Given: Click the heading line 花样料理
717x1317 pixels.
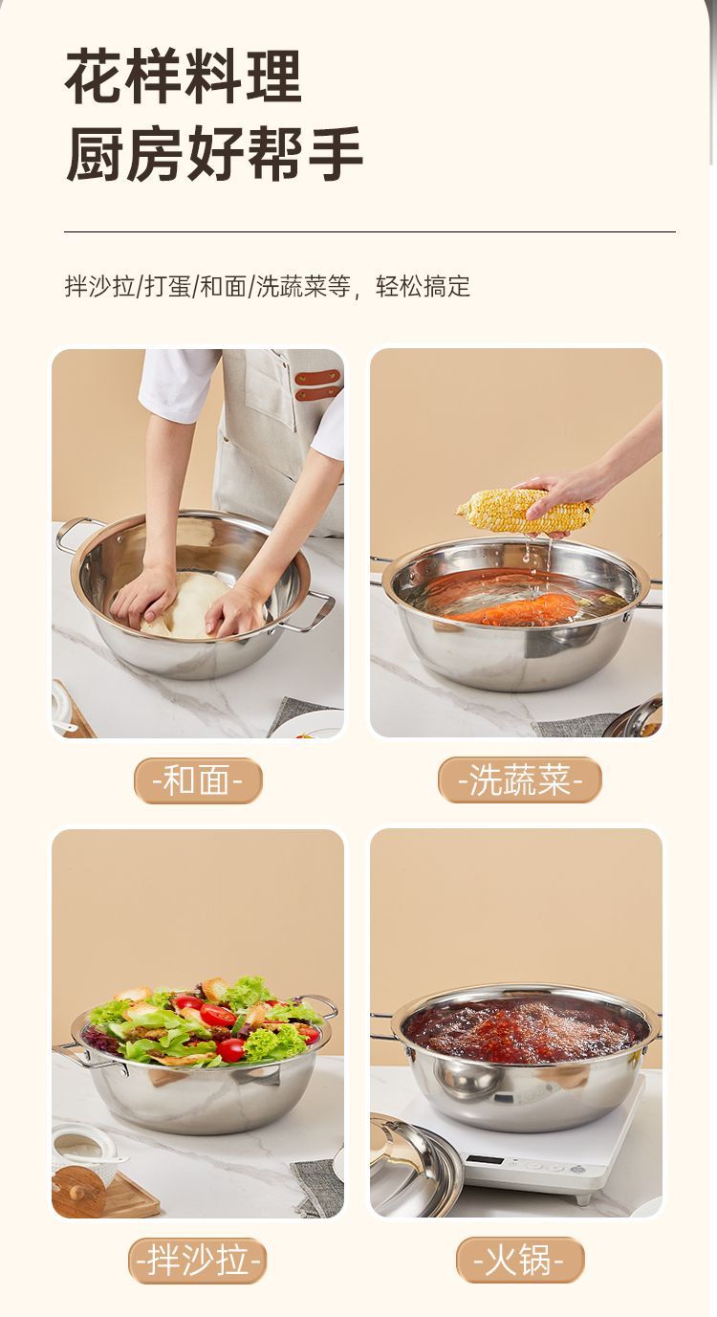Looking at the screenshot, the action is [184, 77].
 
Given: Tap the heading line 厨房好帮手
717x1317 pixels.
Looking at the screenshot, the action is [213, 152].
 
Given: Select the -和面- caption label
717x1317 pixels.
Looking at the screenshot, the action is [198, 780].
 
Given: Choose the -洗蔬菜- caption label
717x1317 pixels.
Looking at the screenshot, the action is [520, 780].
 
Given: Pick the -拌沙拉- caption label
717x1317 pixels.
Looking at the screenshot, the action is [198, 1261].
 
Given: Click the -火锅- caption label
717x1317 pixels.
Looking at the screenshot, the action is [519, 1260].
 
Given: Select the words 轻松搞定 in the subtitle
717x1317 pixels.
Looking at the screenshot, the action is [424, 286].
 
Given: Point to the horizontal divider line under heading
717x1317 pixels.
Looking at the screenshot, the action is [370, 232].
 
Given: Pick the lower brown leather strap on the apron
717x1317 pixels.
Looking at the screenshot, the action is [318, 394].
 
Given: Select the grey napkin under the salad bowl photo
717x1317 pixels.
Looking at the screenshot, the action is [317, 1188].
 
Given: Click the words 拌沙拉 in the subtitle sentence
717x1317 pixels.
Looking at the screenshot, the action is [100, 286].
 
